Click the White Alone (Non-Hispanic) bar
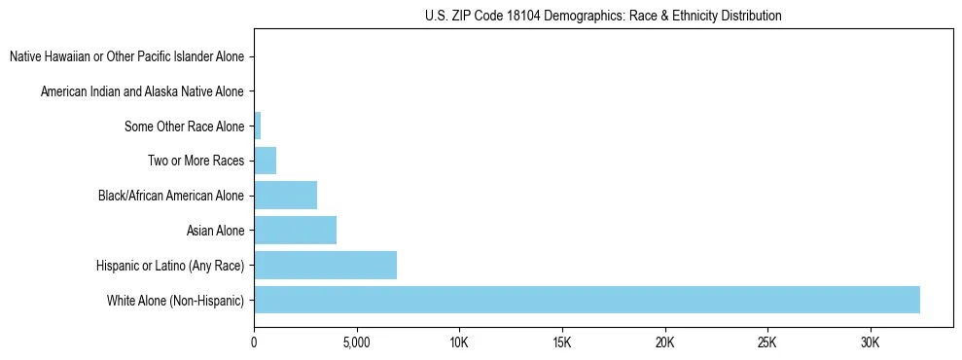coord(587,300)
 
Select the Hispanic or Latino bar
coord(325,265)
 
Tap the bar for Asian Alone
coord(295,231)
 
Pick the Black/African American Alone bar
coord(285,196)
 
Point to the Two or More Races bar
coord(265,161)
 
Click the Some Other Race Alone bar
coord(258,126)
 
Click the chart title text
coord(603,16)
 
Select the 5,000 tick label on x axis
coord(357,343)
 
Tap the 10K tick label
coord(459,343)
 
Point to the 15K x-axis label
coord(562,343)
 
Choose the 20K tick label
coord(664,343)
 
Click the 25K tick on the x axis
coord(767,343)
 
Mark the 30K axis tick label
coord(870,343)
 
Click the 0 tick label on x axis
coord(254,343)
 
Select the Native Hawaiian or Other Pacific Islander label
coord(126,56)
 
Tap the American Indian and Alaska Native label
coord(142,91)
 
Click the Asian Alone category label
coord(215,231)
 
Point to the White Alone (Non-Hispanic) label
coord(175,301)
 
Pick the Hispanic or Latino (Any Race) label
coord(170,266)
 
